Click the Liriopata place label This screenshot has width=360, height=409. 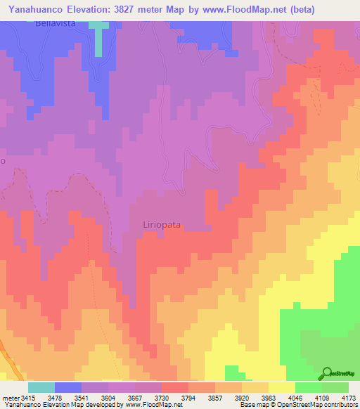coord(162,225)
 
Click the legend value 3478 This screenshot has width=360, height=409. coord(63,398)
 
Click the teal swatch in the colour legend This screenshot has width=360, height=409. coord(41,387)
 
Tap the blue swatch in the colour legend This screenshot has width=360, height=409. coord(68,387)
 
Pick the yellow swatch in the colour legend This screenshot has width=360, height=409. coord(282,387)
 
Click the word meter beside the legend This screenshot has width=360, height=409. coord(10,398)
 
